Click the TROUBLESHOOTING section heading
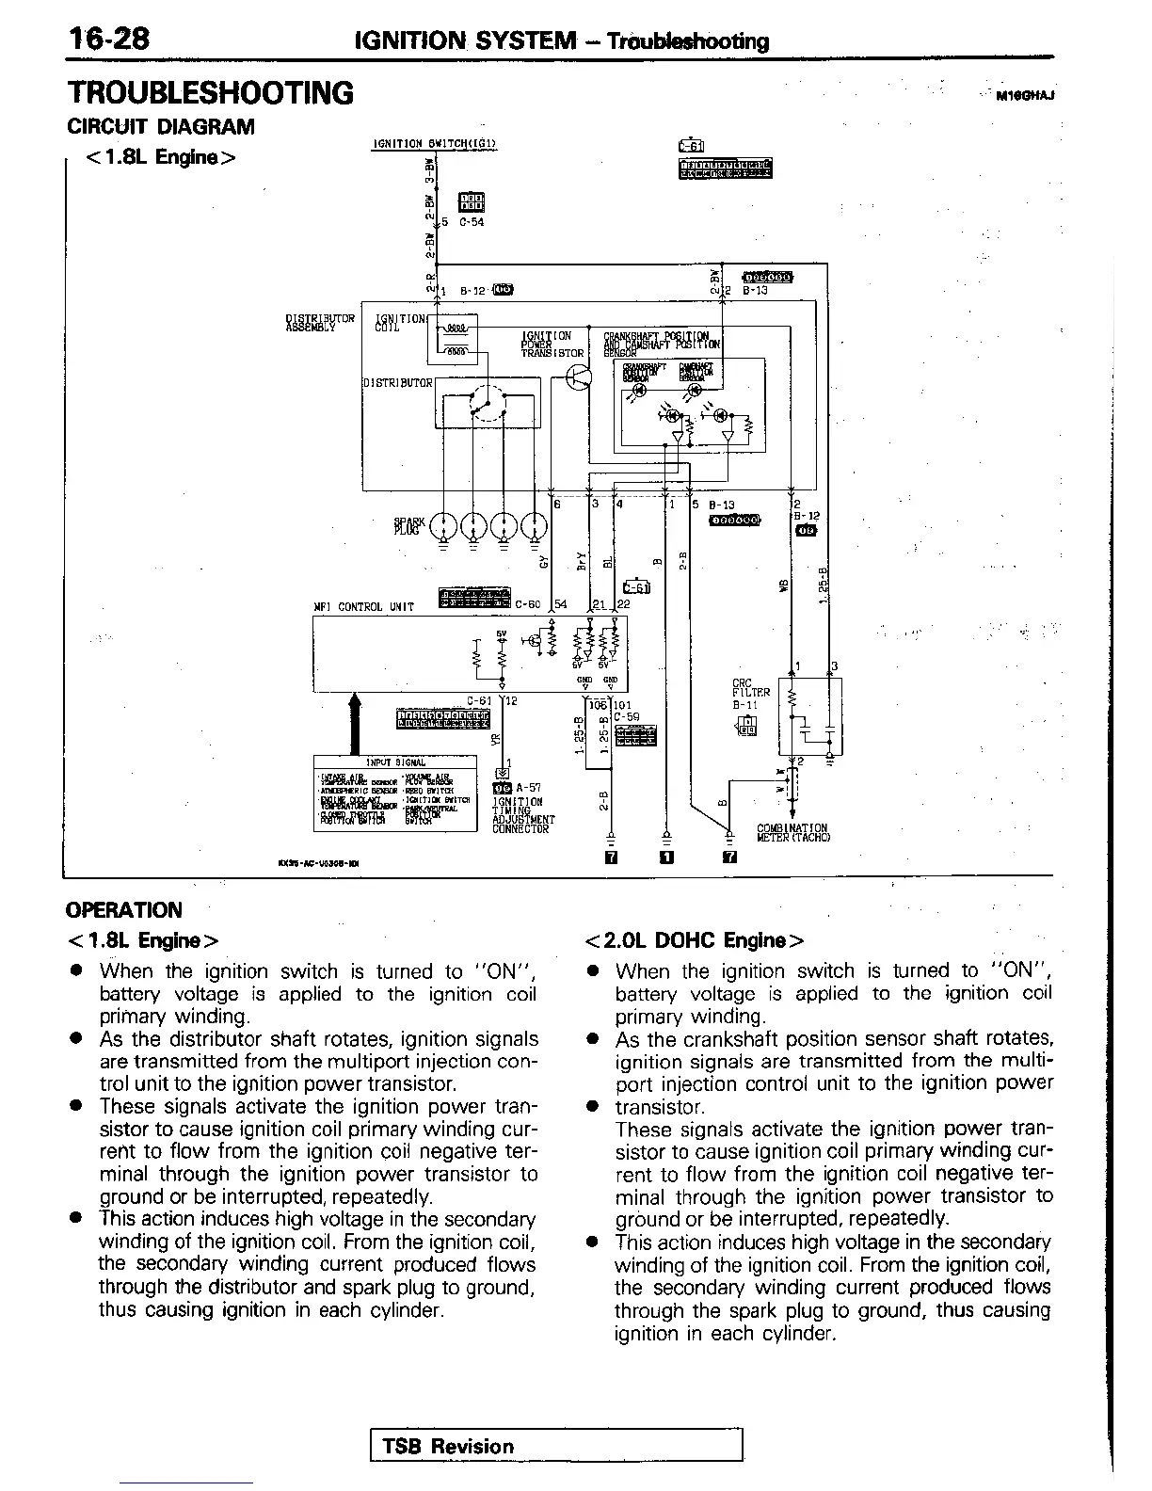pyautogui.click(x=210, y=93)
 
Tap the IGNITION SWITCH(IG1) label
pyautogui.click(x=435, y=144)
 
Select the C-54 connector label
pyautogui.click(x=472, y=223)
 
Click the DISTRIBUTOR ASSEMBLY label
pyautogui.click(x=320, y=323)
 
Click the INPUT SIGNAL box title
pyautogui.click(x=395, y=762)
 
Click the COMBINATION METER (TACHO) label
pyautogui.click(x=792, y=833)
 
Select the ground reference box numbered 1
pyautogui.click(x=666, y=858)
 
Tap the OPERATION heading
pyautogui.click(x=124, y=910)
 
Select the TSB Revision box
pyautogui.click(x=557, y=1446)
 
